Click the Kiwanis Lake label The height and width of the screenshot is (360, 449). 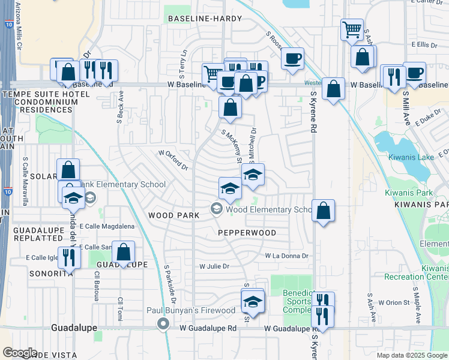tap(411, 157)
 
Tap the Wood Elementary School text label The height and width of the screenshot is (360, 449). tap(268, 209)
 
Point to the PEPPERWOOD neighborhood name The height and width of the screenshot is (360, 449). tap(247, 233)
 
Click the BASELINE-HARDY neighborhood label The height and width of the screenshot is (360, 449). tap(204, 19)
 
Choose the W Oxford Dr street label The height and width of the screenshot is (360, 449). tap(173, 160)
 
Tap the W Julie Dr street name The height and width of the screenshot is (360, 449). tap(214, 266)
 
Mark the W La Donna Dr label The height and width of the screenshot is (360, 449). tap(287, 256)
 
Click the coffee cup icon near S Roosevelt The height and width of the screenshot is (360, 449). tap(292, 59)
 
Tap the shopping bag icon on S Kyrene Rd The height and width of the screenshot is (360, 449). tap(323, 211)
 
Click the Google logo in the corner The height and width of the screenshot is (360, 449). tap(20, 353)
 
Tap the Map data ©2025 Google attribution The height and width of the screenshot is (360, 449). tap(411, 355)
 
